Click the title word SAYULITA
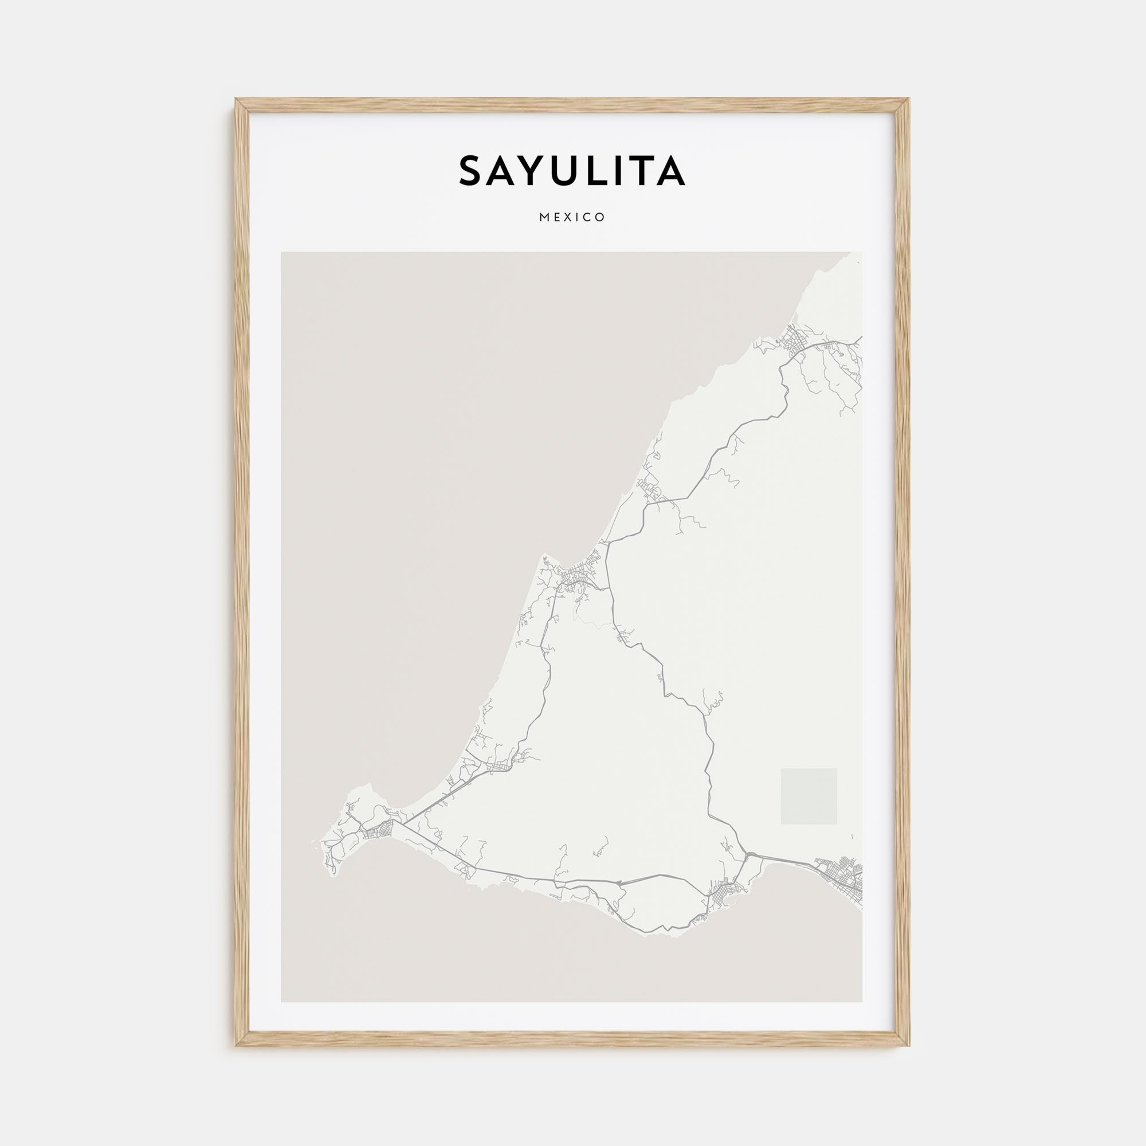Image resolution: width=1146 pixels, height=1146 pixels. (572, 171)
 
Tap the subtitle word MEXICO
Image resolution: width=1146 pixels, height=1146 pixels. (572, 218)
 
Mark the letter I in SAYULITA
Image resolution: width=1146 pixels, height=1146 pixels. (622, 171)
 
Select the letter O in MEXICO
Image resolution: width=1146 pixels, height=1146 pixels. (602, 218)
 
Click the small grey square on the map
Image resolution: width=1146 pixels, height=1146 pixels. (809, 796)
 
